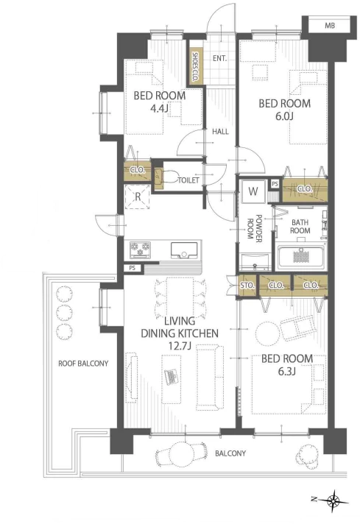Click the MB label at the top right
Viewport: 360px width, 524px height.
point(330,26)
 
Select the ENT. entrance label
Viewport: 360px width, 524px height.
point(219,58)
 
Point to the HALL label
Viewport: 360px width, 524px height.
point(220,132)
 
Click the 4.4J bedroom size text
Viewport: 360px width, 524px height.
point(159,108)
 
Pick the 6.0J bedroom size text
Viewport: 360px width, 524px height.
point(284,116)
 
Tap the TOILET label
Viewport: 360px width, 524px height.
point(188,180)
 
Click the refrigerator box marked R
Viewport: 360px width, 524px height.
point(138,196)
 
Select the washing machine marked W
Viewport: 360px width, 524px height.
point(253,191)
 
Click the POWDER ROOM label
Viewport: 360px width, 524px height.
point(254,231)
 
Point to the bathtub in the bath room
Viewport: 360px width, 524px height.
point(302,258)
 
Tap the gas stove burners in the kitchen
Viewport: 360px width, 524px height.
point(141,249)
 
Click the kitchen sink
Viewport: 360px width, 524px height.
point(184,250)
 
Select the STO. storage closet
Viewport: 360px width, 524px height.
point(247,286)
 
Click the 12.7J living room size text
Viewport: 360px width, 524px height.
point(180,346)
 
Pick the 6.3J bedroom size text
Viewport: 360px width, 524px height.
point(287,371)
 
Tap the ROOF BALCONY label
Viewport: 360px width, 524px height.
point(83,364)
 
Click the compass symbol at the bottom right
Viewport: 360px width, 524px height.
point(333,501)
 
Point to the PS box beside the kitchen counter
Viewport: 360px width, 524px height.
point(133,268)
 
